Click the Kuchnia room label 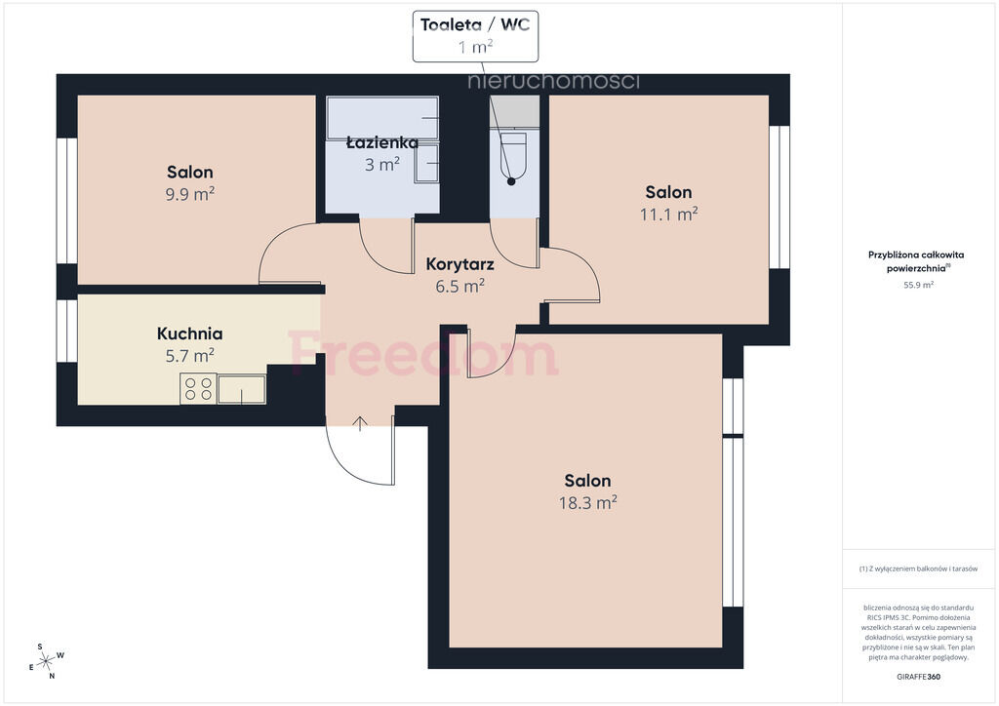[190, 333]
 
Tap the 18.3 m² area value [587, 503]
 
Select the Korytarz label [460, 264]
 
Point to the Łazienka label [382, 142]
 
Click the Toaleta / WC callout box [475, 36]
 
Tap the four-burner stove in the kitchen [198, 388]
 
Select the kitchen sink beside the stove [242, 389]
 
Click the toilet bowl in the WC [513, 156]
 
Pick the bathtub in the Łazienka [382, 118]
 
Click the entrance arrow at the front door [360, 423]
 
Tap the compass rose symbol [47, 662]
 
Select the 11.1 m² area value [668, 214]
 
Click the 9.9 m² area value [190, 194]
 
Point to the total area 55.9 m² [918, 285]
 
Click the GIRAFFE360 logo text [918, 677]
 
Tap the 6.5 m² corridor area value [460, 287]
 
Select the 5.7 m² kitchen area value [190, 356]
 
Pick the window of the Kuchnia [67, 331]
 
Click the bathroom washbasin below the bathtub [427, 164]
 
